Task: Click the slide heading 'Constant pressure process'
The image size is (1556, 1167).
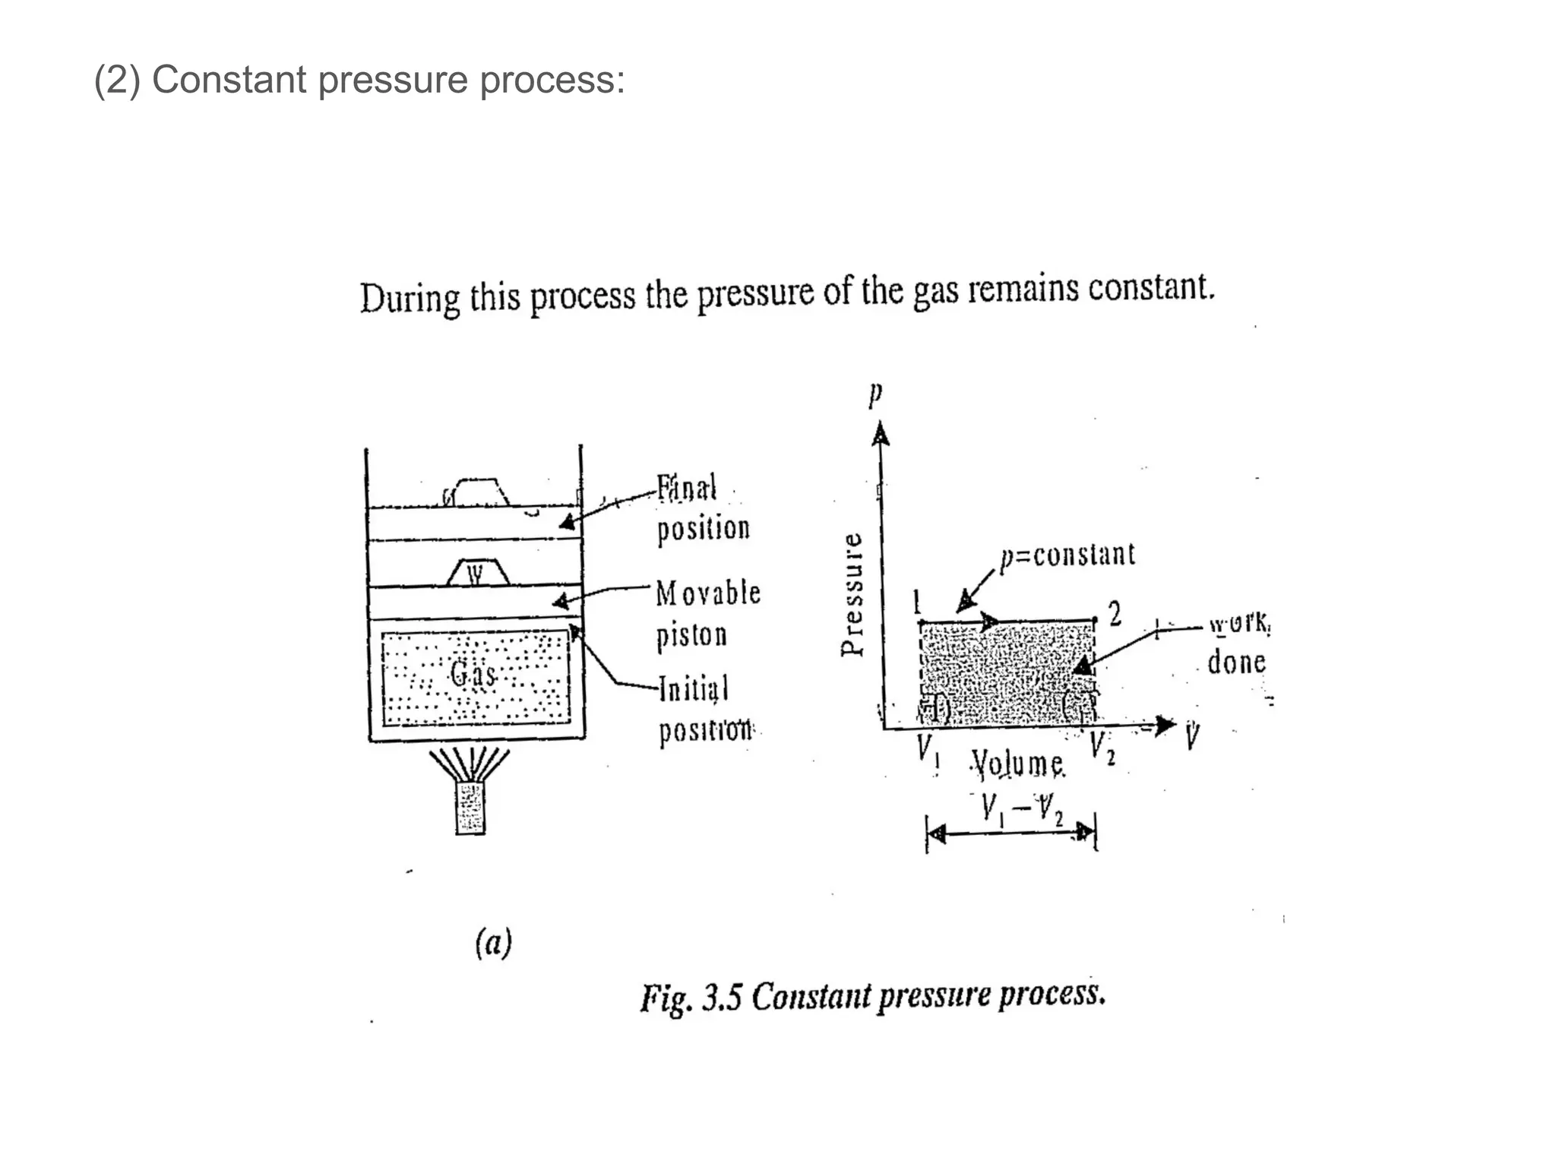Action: [x=359, y=80]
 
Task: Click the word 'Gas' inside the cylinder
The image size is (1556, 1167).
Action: [x=473, y=673]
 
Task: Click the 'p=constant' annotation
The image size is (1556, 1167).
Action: [x=1067, y=555]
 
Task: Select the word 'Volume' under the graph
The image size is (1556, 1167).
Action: [x=1019, y=764]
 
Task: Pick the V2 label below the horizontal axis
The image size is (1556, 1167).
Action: [x=1102, y=748]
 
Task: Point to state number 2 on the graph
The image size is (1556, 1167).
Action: [x=1115, y=614]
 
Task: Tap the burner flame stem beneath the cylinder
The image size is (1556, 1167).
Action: [x=470, y=808]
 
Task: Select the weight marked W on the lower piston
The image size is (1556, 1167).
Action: [x=477, y=573]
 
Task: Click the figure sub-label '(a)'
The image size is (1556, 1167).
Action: [x=494, y=943]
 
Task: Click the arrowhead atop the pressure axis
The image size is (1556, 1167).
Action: [x=880, y=435]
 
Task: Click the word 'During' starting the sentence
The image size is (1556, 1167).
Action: [x=410, y=298]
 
